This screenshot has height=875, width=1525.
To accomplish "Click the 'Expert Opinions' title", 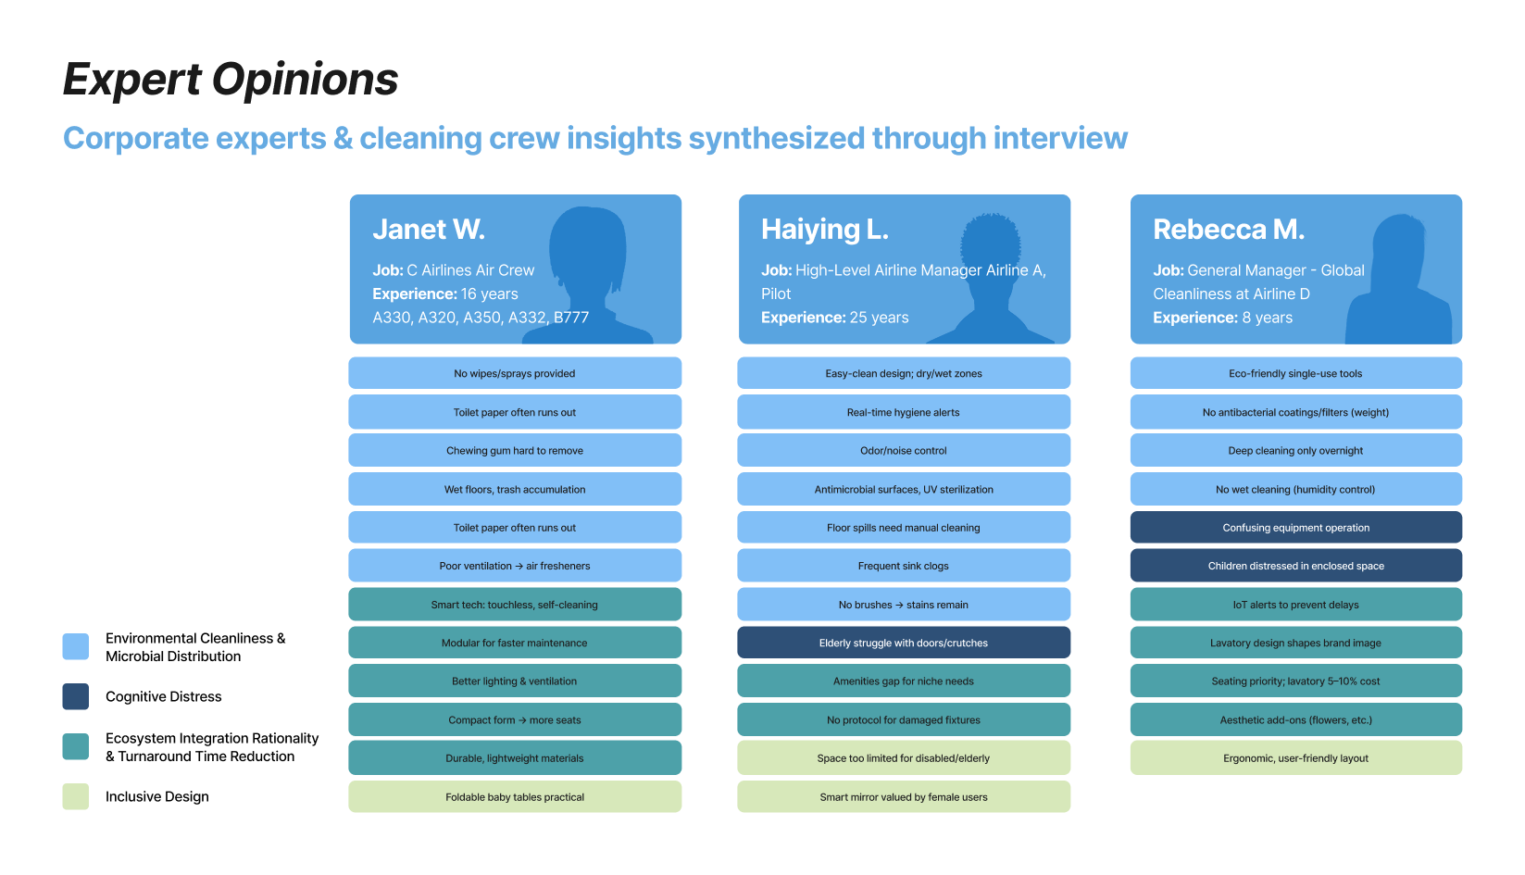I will (231, 80).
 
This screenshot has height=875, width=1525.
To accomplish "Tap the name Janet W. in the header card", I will (429, 230).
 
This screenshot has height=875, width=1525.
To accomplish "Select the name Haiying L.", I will (824, 230).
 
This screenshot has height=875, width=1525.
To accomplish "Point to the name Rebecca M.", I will (1229, 230).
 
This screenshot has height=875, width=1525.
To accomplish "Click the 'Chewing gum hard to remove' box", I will (515, 451).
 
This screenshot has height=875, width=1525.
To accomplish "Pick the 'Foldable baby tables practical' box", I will (515, 797).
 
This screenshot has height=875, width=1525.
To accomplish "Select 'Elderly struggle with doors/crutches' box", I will (904, 643).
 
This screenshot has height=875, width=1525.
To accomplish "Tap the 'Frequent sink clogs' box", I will (904, 566).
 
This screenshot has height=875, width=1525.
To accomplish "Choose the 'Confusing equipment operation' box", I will (1296, 528).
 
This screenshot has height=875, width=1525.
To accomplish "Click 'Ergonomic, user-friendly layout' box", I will (1296, 758).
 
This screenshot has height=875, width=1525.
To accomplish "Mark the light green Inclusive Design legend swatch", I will (76, 796).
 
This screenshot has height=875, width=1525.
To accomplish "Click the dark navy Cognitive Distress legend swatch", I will (76, 696).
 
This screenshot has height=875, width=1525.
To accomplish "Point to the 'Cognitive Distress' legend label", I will (164, 696).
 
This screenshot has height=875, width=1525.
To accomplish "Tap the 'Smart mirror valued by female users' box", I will (904, 797).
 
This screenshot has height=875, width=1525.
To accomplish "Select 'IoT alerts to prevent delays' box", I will (1296, 605).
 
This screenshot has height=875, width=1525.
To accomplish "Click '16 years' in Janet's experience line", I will (490, 294).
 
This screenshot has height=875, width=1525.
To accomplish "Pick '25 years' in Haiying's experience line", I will (880, 318).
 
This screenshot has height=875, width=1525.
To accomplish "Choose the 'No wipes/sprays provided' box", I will (515, 374).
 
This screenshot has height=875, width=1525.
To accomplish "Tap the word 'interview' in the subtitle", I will (1060, 138).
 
